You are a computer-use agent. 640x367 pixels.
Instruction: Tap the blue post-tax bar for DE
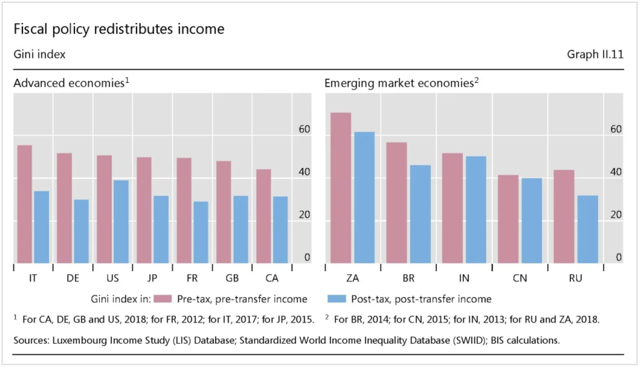pos(81,231)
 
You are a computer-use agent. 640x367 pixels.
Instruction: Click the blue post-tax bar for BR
pos(420,214)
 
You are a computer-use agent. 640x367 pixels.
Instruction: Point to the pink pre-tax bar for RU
pos(564,216)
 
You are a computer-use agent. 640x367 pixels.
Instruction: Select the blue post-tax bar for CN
pos(531,221)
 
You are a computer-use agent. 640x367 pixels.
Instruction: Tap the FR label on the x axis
pos(192,278)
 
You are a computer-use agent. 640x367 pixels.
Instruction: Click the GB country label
pos(232,278)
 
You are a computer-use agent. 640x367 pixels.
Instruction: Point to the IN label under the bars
pos(464,278)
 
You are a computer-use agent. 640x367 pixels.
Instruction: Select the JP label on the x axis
pos(152,278)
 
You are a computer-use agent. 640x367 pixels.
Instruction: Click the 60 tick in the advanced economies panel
pos(304,129)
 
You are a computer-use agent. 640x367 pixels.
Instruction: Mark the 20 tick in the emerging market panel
pos(616,215)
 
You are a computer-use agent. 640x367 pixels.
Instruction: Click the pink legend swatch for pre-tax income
pos(163,299)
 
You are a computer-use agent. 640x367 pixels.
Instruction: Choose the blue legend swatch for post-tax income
pos(337,299)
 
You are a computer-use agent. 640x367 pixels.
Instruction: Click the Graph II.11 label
pos(595,54)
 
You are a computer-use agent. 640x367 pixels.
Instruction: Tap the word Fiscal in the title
pos(30,29)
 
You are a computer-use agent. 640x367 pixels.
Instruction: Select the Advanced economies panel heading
pos(69,83)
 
